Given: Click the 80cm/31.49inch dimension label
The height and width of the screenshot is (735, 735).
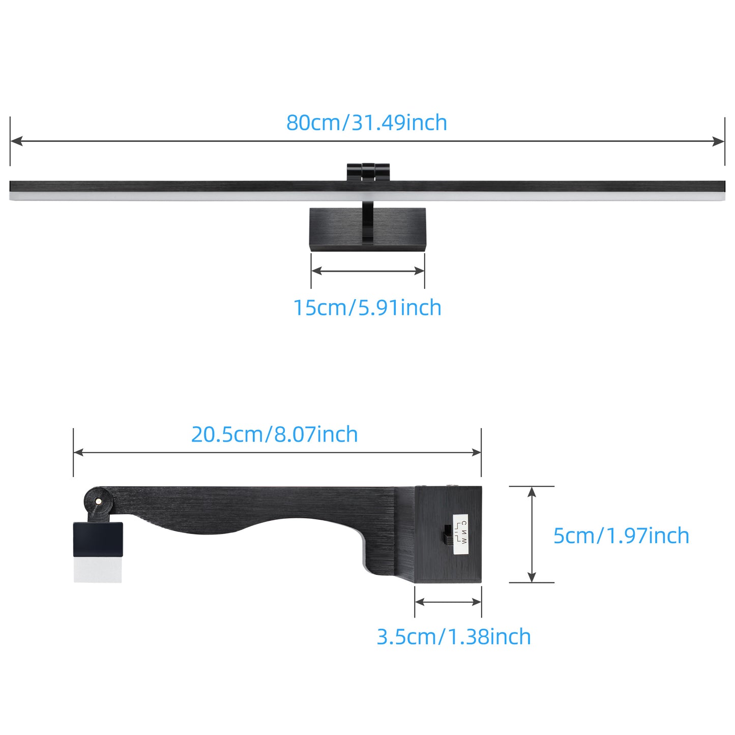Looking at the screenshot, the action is click(367, 123).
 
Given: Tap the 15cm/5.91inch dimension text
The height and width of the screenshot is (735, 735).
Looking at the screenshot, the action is click(367, 308).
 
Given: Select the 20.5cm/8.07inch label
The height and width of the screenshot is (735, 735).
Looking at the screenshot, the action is click(274, 434).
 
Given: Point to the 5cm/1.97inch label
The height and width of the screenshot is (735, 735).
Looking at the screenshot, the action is click(622, 536).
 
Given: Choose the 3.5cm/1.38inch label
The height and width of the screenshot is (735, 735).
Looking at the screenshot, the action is click(454, 637).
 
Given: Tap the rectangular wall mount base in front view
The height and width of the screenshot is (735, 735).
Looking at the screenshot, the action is click(368, 229).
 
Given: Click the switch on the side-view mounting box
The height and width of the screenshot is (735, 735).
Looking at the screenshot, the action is click(447, 535).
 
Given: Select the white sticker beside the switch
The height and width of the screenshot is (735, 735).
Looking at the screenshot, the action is click(460, 533).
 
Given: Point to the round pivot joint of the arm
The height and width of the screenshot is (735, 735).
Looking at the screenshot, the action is click(98, 501).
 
